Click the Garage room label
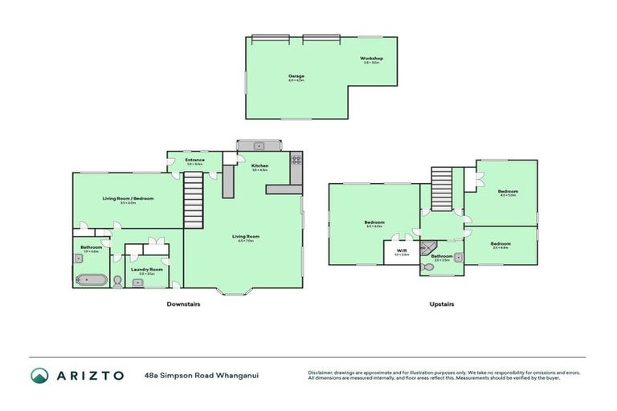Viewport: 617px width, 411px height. (x=296, y=76)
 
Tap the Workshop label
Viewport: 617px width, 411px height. (x=370, y=59)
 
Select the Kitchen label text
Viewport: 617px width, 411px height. (x=259, y=166)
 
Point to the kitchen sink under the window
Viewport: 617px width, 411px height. (x=259, y=145)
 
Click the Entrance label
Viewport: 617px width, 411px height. (x=194, y=160)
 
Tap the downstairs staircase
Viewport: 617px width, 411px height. (x=193, y=193)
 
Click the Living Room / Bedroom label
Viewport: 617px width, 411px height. (x=128, y=198)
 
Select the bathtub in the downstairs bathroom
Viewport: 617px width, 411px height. (x=90, y=279)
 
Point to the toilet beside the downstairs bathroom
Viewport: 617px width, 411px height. (x=117, y=281)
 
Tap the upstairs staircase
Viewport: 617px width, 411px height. (x=440, y=189)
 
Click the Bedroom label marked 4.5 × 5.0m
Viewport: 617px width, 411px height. (x=508, y=191)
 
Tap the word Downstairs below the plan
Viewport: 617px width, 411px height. (x=183, y=304)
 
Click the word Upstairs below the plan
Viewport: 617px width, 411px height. (x=442, y=304)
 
